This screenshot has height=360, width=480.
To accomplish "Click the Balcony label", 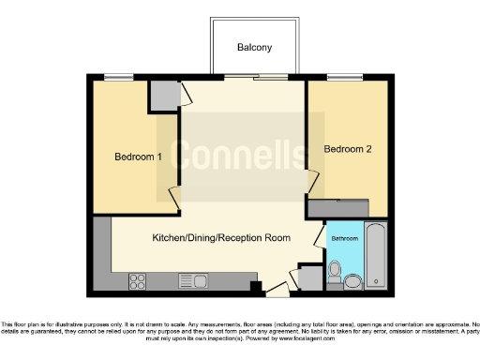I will [254, 47].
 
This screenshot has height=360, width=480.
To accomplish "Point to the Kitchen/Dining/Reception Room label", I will [221, 237].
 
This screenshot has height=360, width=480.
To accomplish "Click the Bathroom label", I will [344, 238].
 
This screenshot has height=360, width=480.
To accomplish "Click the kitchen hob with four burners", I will [137, 280].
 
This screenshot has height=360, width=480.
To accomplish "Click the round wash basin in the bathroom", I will [353, 280].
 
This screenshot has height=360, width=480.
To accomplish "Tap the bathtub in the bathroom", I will [376, 254].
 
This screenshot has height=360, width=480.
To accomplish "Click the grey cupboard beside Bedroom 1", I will [166, 95].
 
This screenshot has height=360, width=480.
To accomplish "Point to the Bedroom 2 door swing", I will [313, 183].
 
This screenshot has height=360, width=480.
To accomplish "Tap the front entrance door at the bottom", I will [277, 290].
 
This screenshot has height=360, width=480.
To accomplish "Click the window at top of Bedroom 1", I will [118, 78].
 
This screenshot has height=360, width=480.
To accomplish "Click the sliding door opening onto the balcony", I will [254, 78].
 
